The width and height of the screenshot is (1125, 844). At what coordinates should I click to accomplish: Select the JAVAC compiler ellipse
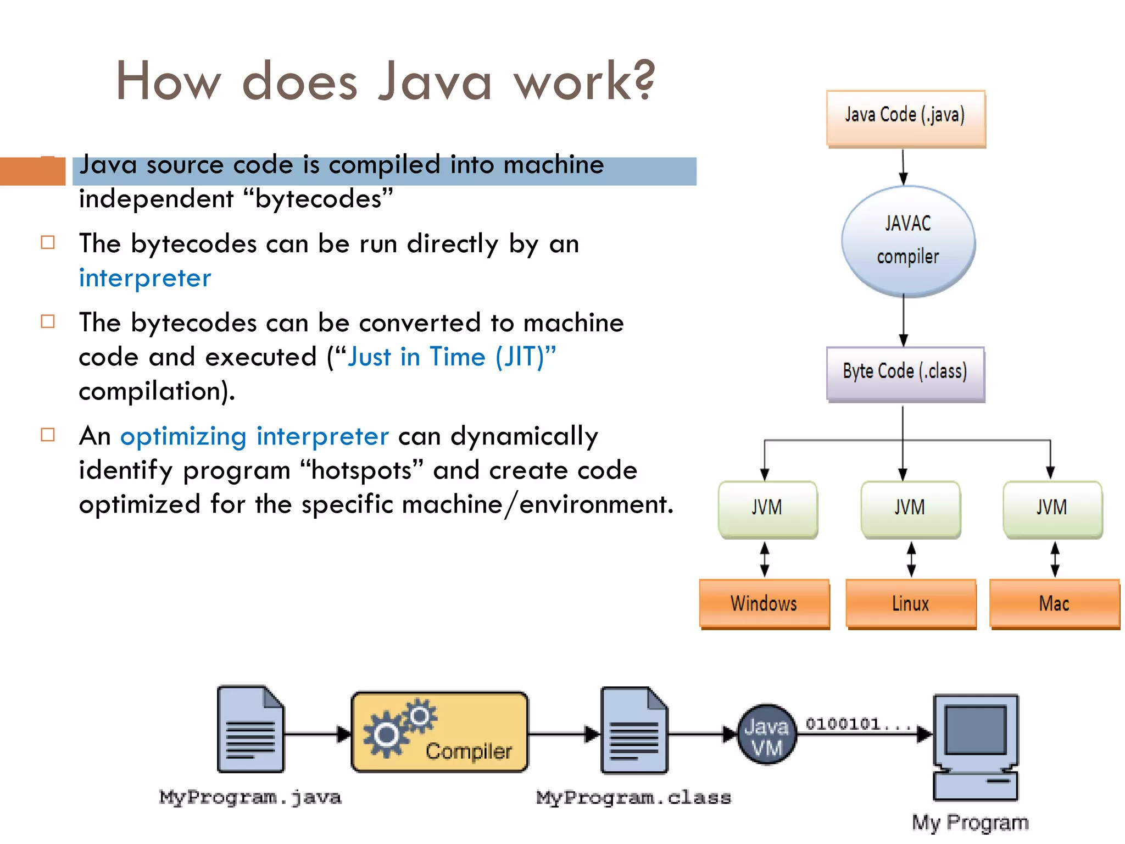[x=907, y=241]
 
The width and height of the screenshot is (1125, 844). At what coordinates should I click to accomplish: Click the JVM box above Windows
[x=767, y=508]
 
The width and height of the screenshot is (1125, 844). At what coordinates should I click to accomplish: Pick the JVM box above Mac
[x=1052, y=508]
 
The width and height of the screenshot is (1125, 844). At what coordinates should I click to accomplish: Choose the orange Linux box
[x=910, y=603]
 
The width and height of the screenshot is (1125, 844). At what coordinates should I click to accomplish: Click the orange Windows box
[x=764, y=603]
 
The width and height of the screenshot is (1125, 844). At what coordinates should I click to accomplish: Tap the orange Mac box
[x=1054, y=603]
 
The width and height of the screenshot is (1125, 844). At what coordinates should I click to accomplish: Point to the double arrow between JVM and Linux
[x=911, y=559]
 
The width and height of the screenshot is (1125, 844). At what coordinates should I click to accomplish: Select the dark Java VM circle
[x=766, y=735]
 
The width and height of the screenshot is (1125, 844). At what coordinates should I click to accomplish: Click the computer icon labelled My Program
[x=976, y=747]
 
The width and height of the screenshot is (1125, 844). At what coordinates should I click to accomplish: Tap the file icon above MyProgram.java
[x=250, y=730]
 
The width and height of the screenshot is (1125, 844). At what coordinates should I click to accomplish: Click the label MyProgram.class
[x=633, y=797]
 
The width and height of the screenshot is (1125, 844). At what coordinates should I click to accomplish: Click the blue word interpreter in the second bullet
[x=145, y=278]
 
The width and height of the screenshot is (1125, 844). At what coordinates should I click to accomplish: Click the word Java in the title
[x=435, y=81]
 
